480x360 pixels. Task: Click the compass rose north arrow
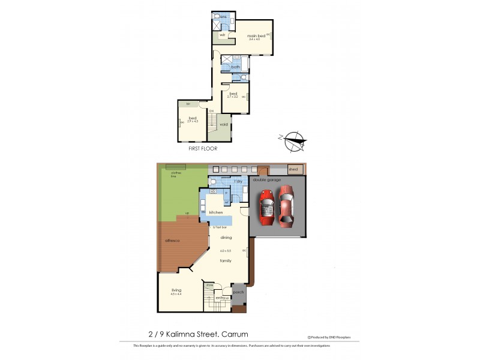point(292,142)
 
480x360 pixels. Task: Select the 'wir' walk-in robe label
point(222,35)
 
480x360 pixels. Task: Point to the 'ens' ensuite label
point(223,17)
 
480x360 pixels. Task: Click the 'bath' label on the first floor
point(236,67)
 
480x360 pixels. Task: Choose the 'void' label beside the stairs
point(224,125)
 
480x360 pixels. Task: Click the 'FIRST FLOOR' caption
point(203,148)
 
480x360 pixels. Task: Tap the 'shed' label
point(293,170)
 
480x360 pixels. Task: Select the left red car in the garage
point(267,206)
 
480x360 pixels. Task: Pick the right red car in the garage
point(287,206)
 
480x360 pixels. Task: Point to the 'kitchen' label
point(216,212)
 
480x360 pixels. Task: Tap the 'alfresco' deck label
point(173,240)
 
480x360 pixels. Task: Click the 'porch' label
point(238,292)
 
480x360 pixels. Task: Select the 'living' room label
point(176,290)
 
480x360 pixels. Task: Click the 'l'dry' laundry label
point(238,181)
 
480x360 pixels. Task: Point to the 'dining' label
point(226,238)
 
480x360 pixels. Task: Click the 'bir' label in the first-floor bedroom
point(188,104)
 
